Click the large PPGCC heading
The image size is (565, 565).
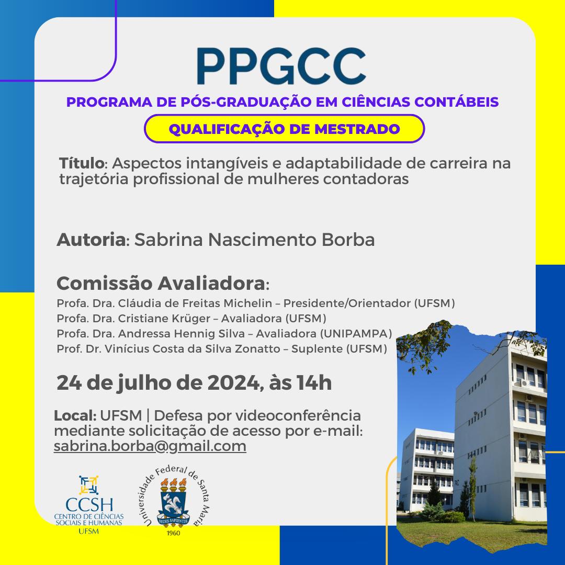pos(281,66)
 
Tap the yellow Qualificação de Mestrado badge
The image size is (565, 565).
pos(284,129)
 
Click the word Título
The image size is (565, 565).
pos(82,163)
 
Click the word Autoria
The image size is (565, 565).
pos(91,240)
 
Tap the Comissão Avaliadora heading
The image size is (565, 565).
pos(161,283)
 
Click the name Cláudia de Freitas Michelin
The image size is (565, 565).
pos(195,303)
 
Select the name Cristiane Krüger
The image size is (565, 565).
pos(164,319)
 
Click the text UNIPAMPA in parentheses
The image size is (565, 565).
pos(356,334)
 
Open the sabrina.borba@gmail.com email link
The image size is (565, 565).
pos(150,446)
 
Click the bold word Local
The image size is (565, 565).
pos(75,416)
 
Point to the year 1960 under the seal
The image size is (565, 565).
pos(173,533)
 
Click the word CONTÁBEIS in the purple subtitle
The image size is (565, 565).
pos(456,101)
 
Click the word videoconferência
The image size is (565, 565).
pos(298,416)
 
